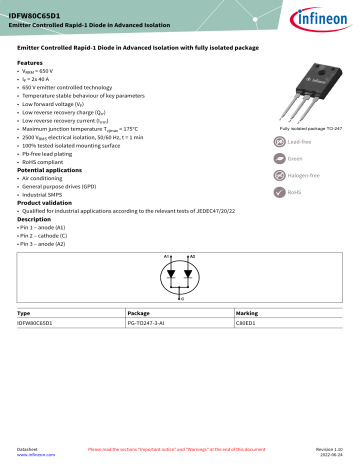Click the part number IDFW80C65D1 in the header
36,7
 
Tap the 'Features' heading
31,62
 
